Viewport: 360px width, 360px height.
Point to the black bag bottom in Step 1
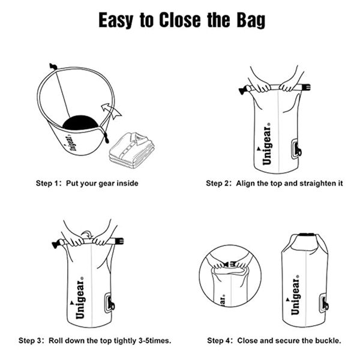[80, 124]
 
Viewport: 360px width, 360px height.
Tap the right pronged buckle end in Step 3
[118, 242]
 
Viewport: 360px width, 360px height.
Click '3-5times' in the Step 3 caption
[155, 340]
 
